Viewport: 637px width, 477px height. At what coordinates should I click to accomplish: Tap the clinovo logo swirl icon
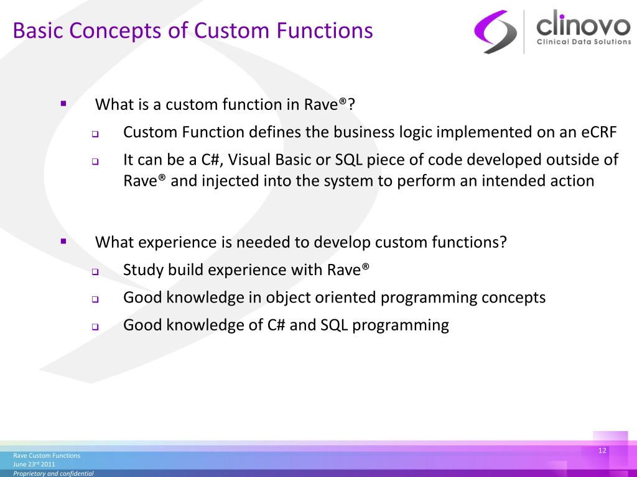(x=495, y=32)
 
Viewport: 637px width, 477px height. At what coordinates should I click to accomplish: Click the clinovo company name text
(x=584, y=24)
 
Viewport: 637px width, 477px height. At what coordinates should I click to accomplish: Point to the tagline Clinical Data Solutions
(x=584, y=42)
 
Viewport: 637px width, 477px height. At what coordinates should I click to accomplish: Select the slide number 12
(x=602, y=450)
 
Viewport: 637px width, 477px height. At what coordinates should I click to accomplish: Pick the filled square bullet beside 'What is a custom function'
(x=63, y=104)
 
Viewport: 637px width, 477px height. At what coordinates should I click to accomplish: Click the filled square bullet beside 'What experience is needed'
(x=63, y=242)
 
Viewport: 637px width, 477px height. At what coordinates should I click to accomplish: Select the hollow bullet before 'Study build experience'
(x=95, y=272)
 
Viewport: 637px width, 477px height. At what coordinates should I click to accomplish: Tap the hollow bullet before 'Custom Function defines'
(x=95, y=134)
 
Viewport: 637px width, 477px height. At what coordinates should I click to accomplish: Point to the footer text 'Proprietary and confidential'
(x=53, y=473)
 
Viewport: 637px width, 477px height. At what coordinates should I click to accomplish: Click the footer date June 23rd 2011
(x=34, y=464)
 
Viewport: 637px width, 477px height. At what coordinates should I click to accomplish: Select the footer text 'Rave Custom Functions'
(x=47, y=455)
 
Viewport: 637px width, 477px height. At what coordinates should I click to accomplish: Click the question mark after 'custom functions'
(x=503, y=242)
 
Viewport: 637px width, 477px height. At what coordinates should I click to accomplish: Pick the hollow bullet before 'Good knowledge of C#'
(x=95, y=327)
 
